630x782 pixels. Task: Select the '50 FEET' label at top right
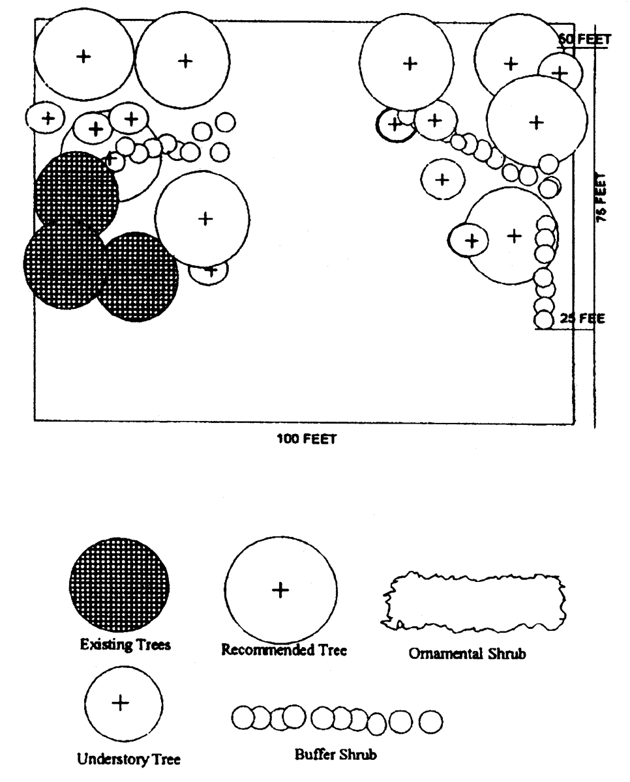pos(584,39)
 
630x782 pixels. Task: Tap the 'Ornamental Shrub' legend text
pos(468,654)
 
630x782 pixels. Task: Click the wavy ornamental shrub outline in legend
pos(473,602)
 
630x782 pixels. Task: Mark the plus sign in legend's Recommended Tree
pos(280,590)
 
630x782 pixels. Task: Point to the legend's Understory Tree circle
pos(123,704)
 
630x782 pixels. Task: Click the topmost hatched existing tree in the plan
pos(76,193)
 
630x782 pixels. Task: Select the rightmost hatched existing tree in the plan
pos(138,276)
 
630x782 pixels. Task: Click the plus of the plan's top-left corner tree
pos(83,57)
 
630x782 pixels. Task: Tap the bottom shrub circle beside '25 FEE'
pos(544,319)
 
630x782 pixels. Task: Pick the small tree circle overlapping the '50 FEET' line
pos(560,72)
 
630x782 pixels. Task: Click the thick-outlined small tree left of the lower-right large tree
pos(469,240)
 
